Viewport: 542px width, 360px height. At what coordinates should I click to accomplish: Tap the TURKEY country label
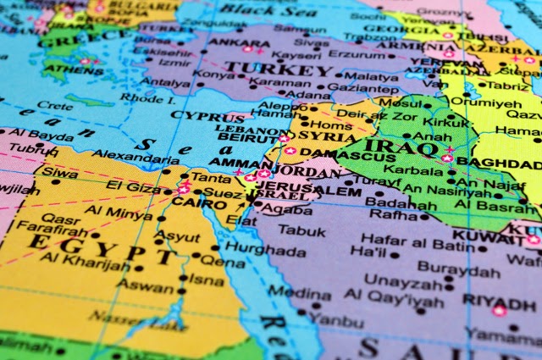pyautogui.click(x=279, y=69)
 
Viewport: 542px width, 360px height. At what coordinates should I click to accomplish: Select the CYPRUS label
pyautogui.click(x=207, y=117)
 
